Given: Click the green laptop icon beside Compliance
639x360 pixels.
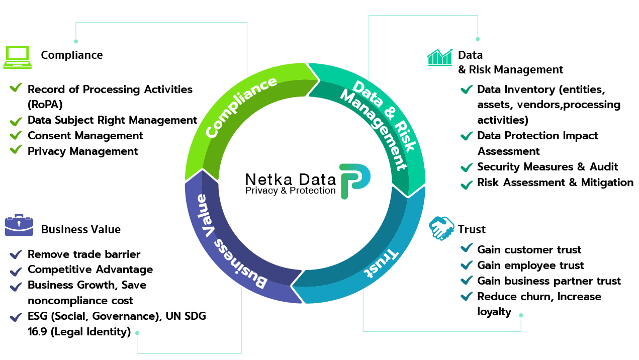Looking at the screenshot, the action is coord(18,57).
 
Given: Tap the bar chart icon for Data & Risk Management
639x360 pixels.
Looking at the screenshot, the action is coord(439,57).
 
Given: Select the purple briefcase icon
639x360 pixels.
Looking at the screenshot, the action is coord(19,225).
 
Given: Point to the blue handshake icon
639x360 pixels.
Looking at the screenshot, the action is coord(441,228).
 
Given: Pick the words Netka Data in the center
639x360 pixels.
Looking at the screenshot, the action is coord(291,179).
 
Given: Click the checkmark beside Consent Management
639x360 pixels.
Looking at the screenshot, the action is coord(16,135).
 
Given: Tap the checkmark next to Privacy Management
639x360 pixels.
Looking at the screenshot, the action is coord(16,149).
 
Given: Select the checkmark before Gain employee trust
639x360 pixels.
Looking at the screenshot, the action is coord(467,265).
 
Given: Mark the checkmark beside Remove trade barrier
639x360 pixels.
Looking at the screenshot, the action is coord(16,254).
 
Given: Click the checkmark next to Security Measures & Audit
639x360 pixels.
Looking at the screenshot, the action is coord(467,167).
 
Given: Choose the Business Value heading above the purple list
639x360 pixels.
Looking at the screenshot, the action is coord(81,229).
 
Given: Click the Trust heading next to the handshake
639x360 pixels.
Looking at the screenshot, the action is coord(472,229).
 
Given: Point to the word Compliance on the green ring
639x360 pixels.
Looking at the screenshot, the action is coord(241,107).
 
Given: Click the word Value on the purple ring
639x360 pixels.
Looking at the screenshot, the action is coord(206,216).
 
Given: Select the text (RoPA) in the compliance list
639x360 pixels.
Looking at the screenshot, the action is coord(45,105).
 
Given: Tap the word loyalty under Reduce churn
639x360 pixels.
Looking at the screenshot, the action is coord(494,312).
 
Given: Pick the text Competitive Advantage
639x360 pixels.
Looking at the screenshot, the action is coord(90,269).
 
